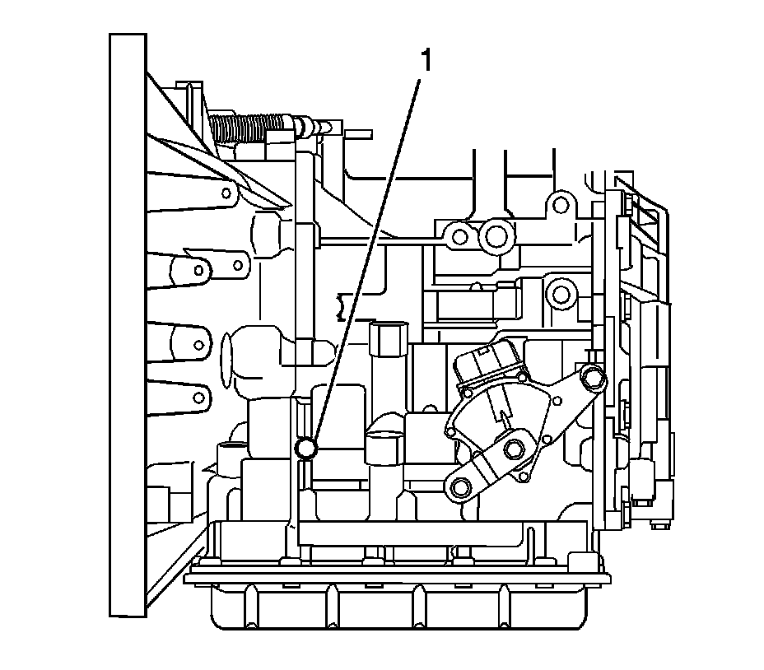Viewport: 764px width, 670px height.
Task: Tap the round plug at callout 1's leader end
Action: coord(305,447)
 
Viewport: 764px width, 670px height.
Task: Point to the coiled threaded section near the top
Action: coord(248,128)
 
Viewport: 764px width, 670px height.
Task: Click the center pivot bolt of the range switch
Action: coord(515,449)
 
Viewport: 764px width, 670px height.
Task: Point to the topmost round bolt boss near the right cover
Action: coord(561,202)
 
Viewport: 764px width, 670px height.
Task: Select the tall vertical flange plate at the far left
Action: coord(128,324)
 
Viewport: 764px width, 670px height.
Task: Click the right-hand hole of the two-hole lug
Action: coord(238,264)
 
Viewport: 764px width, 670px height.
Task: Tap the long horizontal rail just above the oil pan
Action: coord(411,536)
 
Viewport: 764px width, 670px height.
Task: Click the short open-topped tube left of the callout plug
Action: coord(226,454)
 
